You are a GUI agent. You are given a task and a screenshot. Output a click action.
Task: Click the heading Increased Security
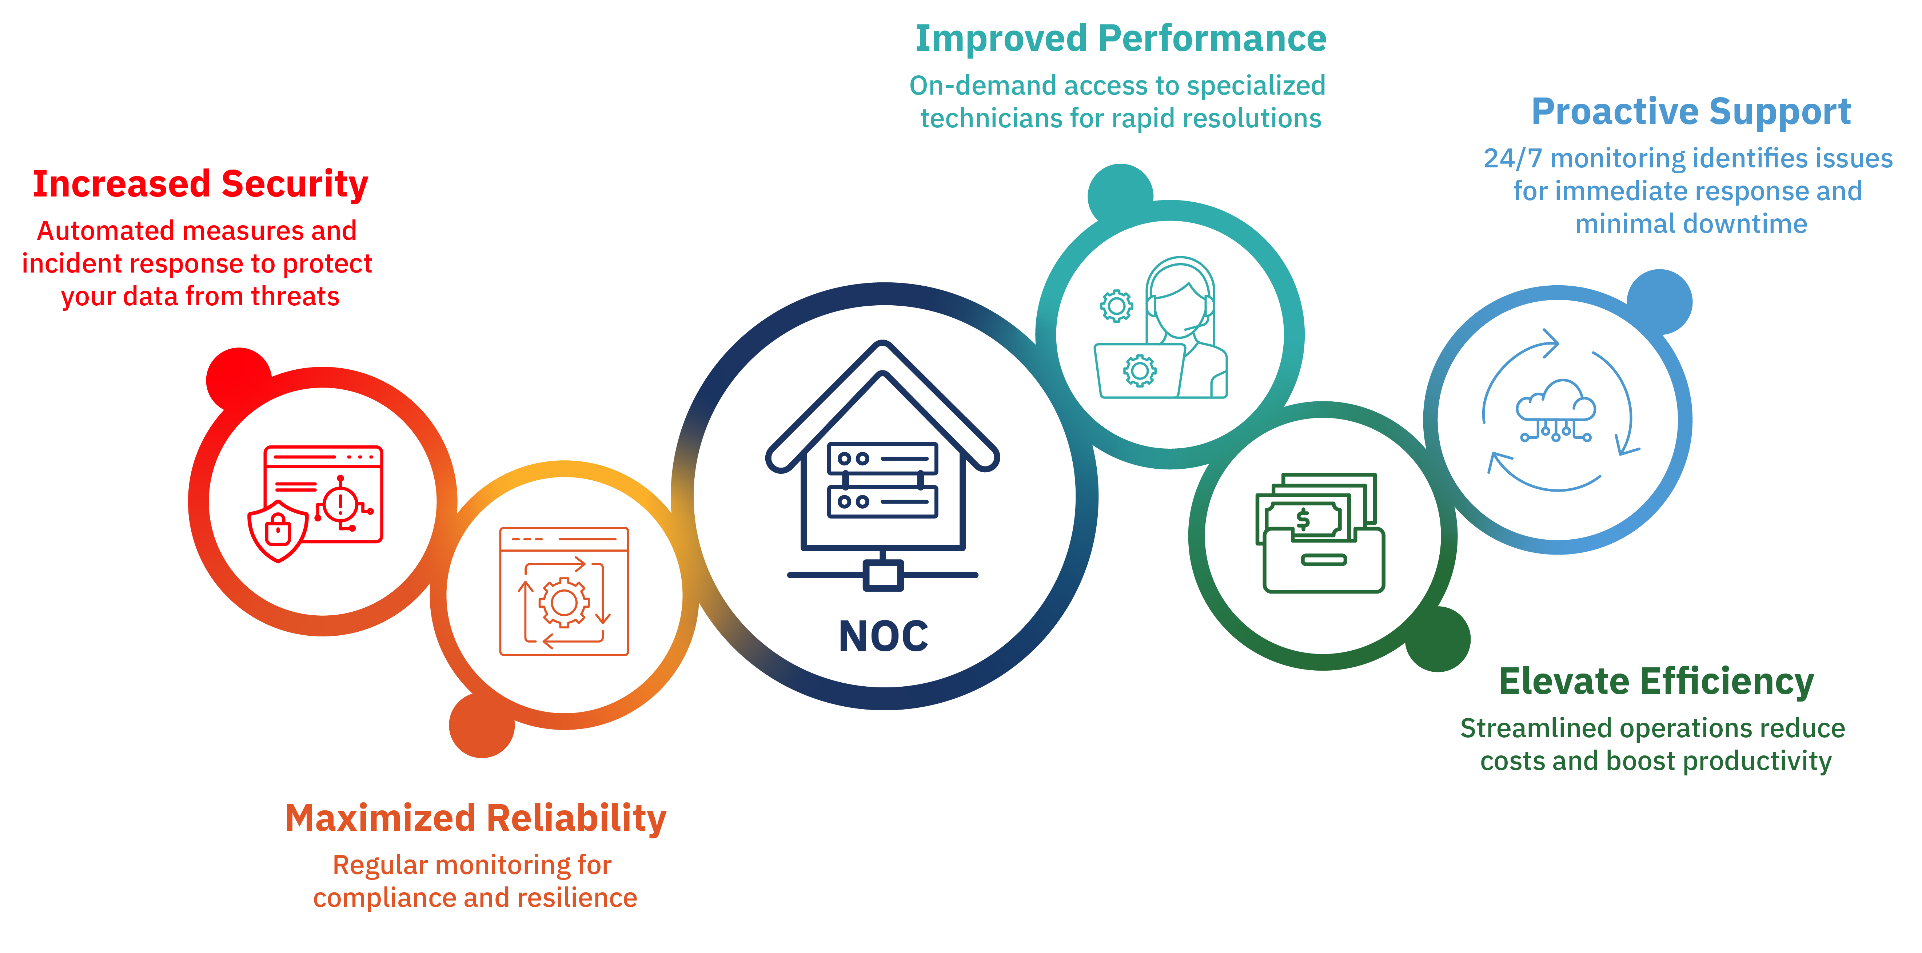click(200, 184)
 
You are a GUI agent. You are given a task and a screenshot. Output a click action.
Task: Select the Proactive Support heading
click(1691, 112)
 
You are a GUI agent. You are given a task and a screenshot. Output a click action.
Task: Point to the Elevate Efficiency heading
click(1656, 681)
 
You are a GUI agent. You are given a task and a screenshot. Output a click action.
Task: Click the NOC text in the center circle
click(884, 636)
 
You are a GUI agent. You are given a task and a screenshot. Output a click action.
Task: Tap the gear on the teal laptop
click(1140, 370)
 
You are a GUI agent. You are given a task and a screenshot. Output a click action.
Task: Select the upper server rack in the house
click(883, 458)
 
